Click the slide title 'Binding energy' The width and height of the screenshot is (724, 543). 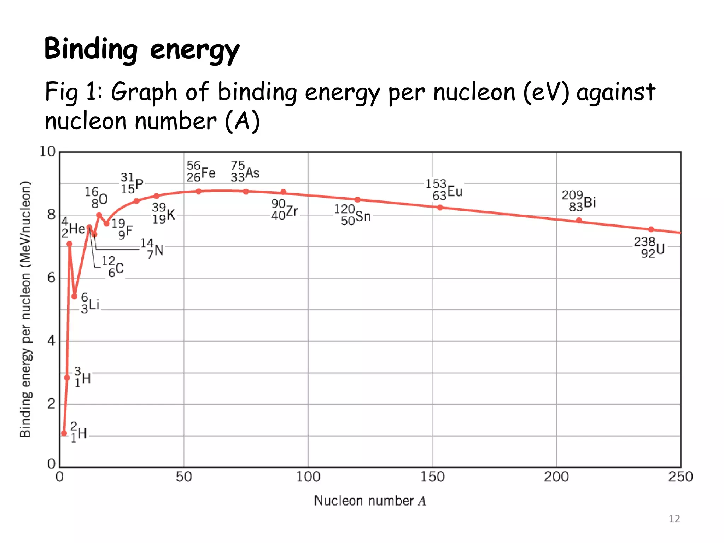pos(141,49)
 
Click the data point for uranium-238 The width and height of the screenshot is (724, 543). pos(651,229)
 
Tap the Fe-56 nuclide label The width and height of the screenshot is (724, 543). pos(201,172)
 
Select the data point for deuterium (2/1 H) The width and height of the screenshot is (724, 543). pos(64,433)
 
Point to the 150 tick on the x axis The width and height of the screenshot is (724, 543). pos(432,477)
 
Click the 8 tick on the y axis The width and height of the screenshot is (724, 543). pos(52,215)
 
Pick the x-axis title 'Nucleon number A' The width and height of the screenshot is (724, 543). pos(370,501)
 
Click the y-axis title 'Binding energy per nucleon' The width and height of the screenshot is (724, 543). pos(25,309)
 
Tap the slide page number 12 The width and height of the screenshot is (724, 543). pos(674,519)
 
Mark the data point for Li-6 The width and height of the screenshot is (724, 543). pos(74,296)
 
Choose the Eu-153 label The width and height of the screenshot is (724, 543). pos(444,190)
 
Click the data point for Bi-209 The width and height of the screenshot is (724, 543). pos(579,220)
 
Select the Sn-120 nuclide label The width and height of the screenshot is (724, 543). pos(352,215)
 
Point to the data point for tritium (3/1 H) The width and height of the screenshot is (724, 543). pos(67,378)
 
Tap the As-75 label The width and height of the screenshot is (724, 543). pos(245,171)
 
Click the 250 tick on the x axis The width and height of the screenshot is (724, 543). pos(680,477)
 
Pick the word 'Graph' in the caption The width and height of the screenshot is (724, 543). pos(144,92)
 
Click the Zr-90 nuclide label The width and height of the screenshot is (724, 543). pos(285,210)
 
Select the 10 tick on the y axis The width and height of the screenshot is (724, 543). pos(48,152)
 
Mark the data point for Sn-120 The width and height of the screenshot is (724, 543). pos(357,200)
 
